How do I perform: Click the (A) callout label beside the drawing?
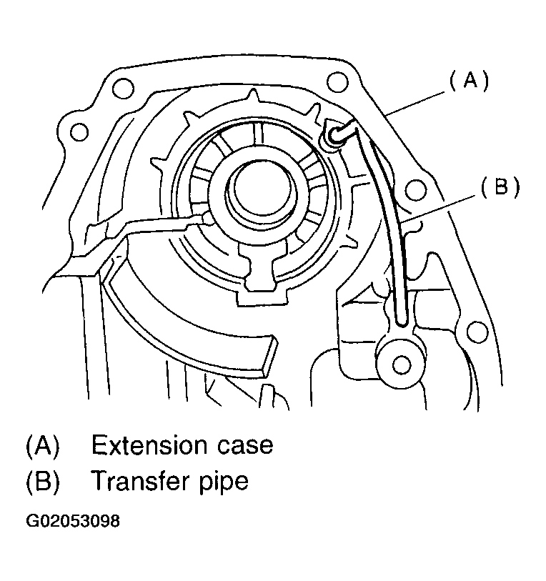(469, 81)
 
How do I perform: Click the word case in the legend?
(245, 445)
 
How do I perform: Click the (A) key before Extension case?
(42, 445)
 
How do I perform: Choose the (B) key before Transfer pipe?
(42, 481)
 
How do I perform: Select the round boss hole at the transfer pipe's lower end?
(402, 365)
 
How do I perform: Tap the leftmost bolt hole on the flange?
(79, 131)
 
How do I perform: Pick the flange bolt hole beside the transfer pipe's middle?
(412, 190)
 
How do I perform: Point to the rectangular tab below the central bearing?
(259, 275)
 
